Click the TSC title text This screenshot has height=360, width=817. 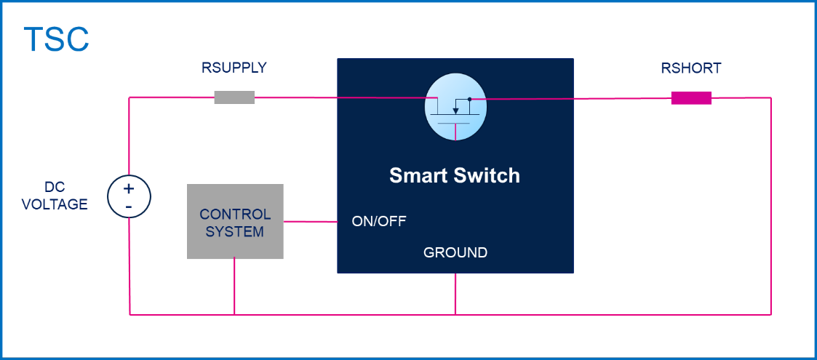tap(56, 39)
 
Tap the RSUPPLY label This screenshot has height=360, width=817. tap(234, 68)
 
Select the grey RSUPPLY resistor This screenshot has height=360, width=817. tap(234, 97)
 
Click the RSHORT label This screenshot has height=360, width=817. tap(690, 69)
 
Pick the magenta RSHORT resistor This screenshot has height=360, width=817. tap(690, 97)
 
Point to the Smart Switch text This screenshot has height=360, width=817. tap(455, 175)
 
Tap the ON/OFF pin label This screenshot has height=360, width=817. tap(379, 221)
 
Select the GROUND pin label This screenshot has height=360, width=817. tap(455, 253)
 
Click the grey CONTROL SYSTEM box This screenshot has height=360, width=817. tap(235, 222)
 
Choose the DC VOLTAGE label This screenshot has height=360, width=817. tap(55, 197)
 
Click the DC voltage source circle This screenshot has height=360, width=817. tap(129, 197)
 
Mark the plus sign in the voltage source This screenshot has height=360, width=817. tap(129, 190)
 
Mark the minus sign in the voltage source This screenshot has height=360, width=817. tap(129, 207)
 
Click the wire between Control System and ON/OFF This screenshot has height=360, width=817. tap(310, 222)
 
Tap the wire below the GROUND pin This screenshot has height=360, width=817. tap(455, 294)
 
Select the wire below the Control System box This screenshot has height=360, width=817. tap(235, 287)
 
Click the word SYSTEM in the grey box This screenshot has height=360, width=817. tap(235, 232)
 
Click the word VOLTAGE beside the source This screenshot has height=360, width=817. tap(55, 204)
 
